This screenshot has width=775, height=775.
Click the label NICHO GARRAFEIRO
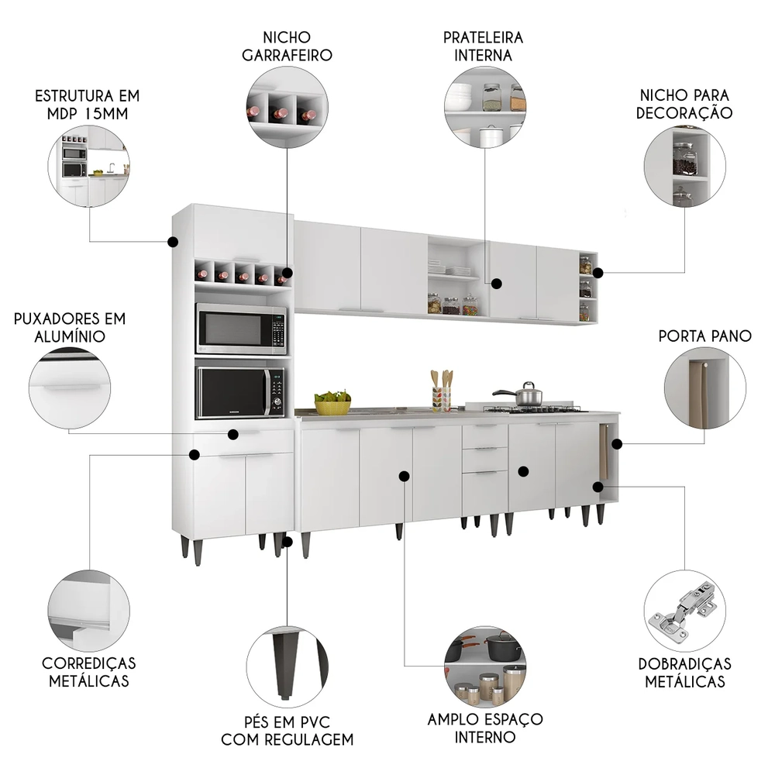click(287, 46)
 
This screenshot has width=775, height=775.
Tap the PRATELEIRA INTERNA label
click(484, 46)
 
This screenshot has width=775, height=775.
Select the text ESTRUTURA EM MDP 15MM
click(87, 105)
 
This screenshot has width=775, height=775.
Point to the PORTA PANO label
click(704, 336)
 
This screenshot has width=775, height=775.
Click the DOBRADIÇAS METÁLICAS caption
click(684, 673)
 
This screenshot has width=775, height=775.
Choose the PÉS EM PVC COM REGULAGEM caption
click(288, 730)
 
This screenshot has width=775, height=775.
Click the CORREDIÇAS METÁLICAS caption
click(88, 672)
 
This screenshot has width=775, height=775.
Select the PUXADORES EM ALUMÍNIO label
click(69, 327)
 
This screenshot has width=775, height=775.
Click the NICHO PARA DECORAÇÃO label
click(684, 103)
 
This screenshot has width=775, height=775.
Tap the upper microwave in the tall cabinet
click(240, 329)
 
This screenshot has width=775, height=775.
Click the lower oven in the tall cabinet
click(240, 392)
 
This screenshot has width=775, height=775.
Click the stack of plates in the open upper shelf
click(462, 271)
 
